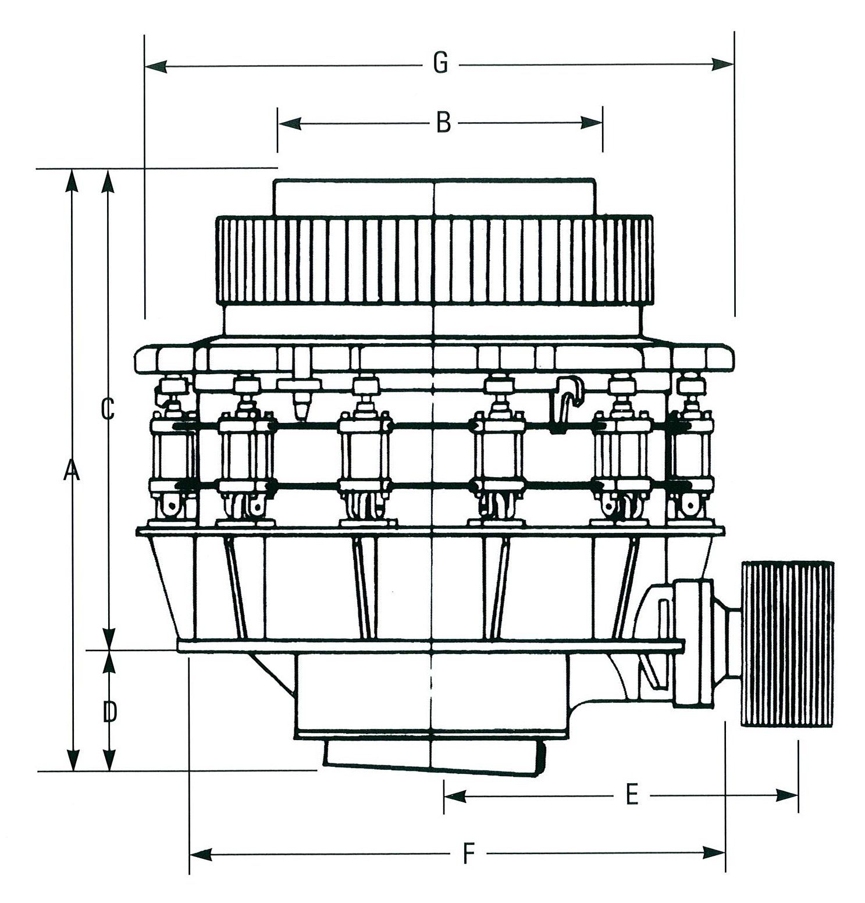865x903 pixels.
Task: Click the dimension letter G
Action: pyautogui.click(x=440, y=63)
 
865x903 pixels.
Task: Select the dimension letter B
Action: pyautogui.click(x=443, y=123)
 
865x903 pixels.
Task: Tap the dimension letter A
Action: pyautogui.click(x=71, y=470)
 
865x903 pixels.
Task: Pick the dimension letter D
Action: pyautogui.click(x=109, y=712)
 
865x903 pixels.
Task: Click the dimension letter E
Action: pyautogui.click(x=632, y=795)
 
